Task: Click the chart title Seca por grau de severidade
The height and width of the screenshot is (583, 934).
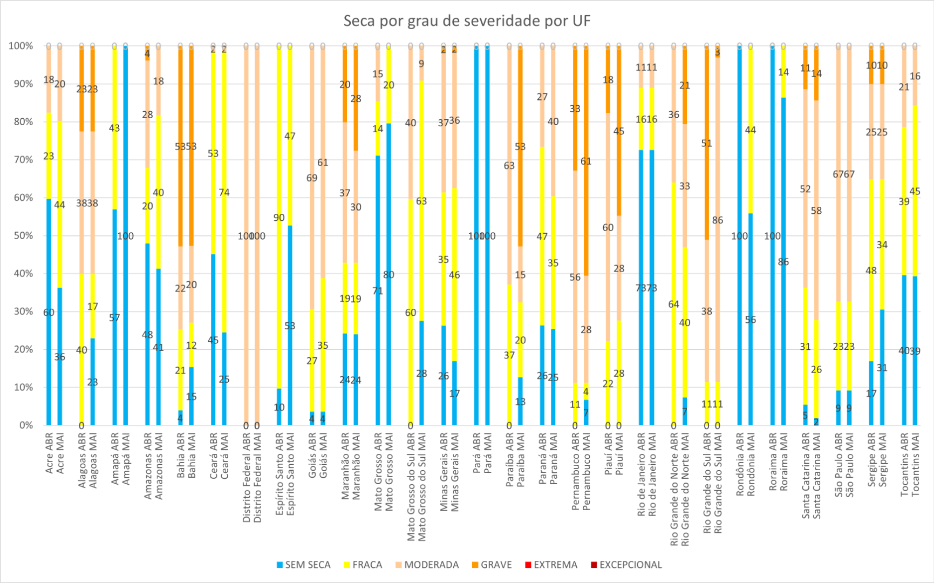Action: (467, 21)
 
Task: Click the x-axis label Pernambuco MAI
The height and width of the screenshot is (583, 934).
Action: (587, 471)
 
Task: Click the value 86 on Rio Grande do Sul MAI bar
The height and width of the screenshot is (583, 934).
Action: (718, 220)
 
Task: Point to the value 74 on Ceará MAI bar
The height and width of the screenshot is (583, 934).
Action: (224, 193)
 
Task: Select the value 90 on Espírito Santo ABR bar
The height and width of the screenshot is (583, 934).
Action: (279, 218)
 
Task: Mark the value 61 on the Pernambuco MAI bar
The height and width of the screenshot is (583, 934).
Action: (586, 161)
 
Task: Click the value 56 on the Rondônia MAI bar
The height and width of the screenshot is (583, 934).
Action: (751, 320)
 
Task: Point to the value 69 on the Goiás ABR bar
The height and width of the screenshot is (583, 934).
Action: (312, 178)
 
